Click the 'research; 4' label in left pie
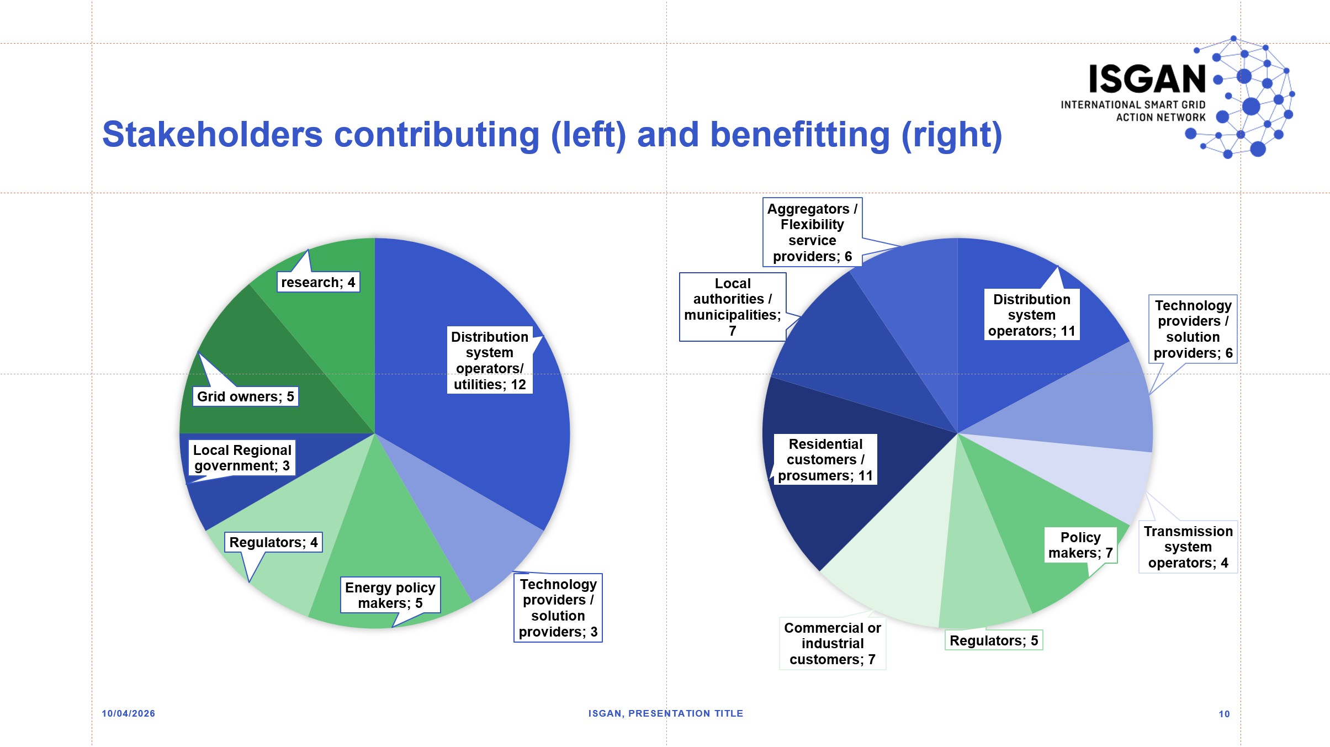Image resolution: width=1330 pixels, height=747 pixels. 318,282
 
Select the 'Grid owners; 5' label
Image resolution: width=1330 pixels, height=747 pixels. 245,396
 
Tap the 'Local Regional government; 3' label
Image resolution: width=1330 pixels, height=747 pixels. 242,458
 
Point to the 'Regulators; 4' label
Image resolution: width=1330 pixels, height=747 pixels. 273,542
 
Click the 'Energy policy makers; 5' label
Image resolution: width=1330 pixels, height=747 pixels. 390,595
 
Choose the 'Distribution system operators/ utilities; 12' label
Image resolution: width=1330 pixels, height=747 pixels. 490,360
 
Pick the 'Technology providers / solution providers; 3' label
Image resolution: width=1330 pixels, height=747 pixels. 558,608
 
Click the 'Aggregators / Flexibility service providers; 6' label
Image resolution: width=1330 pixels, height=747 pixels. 812,232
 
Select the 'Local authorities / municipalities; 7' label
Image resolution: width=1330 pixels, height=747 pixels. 732,307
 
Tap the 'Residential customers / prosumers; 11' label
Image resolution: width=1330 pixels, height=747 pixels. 825,460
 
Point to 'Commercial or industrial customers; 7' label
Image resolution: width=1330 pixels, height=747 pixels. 832,643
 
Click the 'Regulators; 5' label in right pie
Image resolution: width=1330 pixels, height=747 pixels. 993,640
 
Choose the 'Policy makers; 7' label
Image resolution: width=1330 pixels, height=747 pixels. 1080,545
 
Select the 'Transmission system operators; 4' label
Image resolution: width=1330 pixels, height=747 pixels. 1188,547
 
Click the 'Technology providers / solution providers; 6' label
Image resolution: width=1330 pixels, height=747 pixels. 1193,329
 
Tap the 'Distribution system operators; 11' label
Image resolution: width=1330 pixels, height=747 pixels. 1031,315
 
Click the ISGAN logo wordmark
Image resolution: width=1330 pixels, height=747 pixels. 1147,80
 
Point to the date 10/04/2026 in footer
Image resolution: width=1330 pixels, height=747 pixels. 128,713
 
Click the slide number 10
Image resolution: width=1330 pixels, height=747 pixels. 1224,714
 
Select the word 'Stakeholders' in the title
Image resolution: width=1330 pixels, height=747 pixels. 213,135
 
